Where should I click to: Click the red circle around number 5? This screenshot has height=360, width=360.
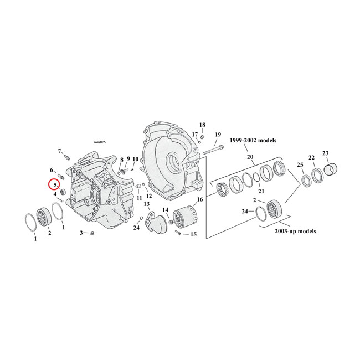point(55,184)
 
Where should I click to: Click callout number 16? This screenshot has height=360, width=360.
point(200,199)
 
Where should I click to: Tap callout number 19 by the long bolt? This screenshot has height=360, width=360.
point(218,135)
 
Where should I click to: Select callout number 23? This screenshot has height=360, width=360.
point(326,153)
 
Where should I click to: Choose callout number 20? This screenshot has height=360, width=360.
point(250,157)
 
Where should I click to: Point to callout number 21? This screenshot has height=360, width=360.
point(261,191)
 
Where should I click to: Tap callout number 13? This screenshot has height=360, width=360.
point(147,204)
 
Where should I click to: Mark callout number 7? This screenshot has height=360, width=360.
point(60,151)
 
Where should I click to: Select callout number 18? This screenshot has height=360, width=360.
point(202,125)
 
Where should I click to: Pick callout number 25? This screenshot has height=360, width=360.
point(300,166)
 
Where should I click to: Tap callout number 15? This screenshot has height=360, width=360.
point(193,235)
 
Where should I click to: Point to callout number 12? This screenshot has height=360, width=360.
point(149,196)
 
